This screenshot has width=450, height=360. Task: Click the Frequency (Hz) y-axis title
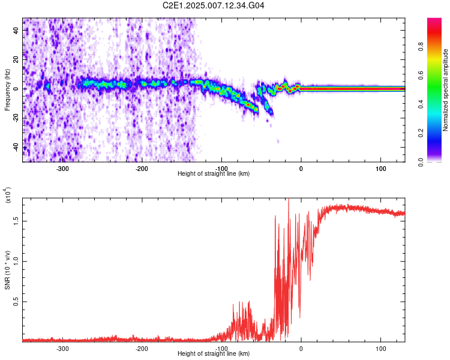[7, 90]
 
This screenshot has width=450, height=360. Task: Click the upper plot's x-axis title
[214, 173]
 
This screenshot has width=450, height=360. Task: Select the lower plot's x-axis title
[214, 353]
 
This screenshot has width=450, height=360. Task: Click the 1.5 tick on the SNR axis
[16, 221]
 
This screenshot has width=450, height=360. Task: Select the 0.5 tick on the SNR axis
[16, 302]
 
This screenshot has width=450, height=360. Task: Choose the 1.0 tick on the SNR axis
[16, 261]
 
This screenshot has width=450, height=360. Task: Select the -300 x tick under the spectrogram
[62, 169]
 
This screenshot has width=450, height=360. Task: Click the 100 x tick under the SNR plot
[380, 348]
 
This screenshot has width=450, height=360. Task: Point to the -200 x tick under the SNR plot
[142, 348]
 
